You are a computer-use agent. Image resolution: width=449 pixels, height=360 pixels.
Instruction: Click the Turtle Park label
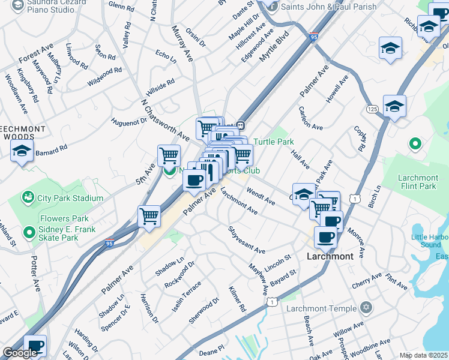coord(273,142)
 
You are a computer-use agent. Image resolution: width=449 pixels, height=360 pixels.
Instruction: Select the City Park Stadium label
coord(70,198)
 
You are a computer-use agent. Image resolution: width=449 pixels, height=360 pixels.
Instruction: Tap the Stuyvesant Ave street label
coord(246,240)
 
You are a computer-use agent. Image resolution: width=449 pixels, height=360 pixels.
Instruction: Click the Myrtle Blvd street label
coord(274,46)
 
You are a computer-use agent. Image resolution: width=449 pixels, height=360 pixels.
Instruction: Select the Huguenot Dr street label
coord(128,122)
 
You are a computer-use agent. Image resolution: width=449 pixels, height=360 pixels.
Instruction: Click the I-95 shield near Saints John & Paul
coord(313,37)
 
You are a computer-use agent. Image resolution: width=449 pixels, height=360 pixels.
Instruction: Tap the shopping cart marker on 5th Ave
coord(169,155)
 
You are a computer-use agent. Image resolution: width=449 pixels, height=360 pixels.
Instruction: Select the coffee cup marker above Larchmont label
coord(325,237)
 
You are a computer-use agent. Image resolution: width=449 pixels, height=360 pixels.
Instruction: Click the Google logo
coord(20,353)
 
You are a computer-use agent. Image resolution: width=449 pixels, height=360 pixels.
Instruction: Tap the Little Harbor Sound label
coord(430,241)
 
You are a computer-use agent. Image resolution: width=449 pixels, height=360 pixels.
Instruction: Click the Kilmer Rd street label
coord(238,299)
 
